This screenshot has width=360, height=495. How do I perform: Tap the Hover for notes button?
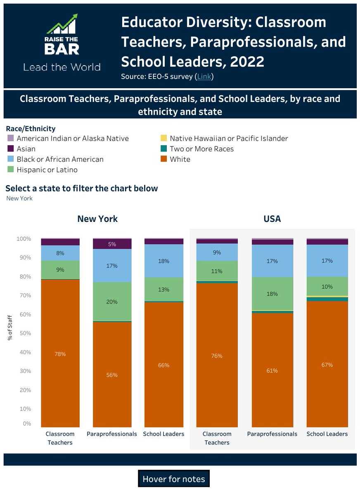tap(173, 479)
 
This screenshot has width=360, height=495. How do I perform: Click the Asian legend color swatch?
tap(11, 149)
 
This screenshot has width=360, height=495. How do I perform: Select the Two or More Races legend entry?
tap(201, 149)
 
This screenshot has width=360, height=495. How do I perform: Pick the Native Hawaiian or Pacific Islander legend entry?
tap(229, 139)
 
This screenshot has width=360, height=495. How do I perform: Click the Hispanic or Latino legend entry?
tap(47, 170)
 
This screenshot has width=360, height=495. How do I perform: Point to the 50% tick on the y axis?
tap(24, 333)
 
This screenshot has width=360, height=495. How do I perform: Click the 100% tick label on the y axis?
tap(24, 239)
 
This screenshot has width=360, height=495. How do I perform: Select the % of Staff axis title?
tap(9, 328)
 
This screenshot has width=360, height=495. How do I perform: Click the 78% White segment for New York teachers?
tap(60, 354)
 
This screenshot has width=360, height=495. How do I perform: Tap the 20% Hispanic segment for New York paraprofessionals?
tap(112, 302)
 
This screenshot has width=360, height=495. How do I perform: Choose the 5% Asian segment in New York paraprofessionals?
tap(112, 244)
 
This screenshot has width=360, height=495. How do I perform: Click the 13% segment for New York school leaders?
tap(163, 290)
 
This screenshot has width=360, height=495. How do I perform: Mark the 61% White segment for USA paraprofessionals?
tap(272, 370)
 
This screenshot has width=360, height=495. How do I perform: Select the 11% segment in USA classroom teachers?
tap(217, 271)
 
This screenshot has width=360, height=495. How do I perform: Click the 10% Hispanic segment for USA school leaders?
tap(327, 287)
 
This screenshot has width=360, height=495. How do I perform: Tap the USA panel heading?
tap(272, 219)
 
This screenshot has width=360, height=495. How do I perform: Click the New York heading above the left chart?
tap(97, 219)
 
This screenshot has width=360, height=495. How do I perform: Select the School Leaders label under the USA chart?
tap(327, 434)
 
